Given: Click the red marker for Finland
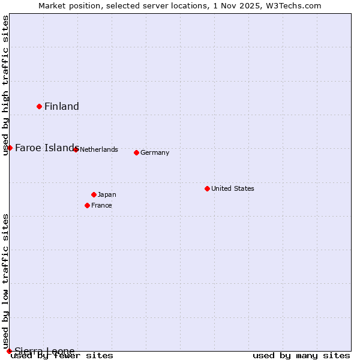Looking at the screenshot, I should coord(40,107).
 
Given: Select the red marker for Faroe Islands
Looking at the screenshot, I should coord(10,148).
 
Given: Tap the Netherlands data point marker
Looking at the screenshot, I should coord(76,149).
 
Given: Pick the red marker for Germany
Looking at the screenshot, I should coord(136,152).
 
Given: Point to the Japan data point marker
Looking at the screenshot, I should coord(94,194).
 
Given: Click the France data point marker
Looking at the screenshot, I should coord(87,205).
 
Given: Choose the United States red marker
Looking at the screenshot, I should coord(207,188).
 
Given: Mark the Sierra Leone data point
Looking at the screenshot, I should coord(9,351).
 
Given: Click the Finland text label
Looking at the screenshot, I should coord(62,107).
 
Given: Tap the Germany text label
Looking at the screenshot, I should coord(155,152).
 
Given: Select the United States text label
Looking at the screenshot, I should coord(233,188).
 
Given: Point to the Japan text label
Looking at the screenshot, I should coord(107,194).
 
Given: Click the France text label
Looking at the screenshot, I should coord(101,205).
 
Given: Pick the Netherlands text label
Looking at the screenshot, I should coord(99,149).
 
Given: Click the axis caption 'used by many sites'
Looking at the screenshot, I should coord(301,356).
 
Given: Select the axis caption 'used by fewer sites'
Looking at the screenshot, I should coord(62,356).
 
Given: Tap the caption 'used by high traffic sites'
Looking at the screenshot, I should coord(5,85).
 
